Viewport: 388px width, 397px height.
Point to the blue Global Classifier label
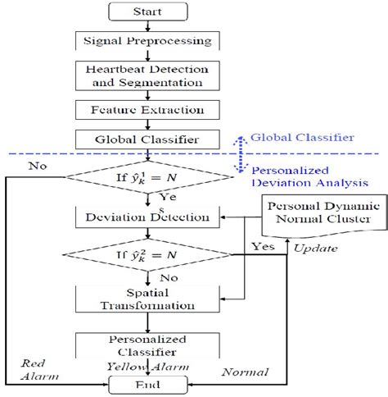click(x=302, y=137)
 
